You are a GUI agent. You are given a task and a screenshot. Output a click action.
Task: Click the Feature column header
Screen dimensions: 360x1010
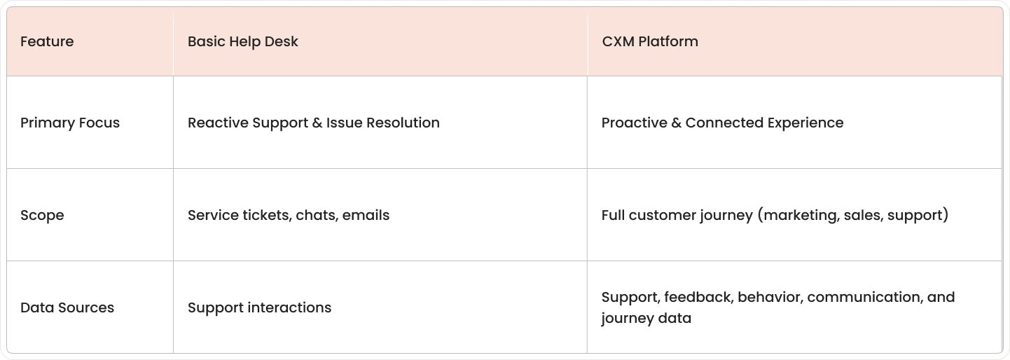point(47,41)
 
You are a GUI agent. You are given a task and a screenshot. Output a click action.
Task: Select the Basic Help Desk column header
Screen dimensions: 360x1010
point(242,41)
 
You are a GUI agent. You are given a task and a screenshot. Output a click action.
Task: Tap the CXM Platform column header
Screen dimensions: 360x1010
point(649,41)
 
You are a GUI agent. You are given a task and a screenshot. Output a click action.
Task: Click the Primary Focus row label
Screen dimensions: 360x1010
point(70,123)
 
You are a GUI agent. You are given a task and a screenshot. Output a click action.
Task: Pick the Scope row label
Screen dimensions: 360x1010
point(42,215)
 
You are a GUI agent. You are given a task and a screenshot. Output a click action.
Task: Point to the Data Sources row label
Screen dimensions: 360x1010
point(67,307)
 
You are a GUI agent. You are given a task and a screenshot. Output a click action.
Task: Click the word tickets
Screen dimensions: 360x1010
point(265,215)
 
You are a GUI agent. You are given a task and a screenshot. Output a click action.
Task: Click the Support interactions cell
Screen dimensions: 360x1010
point(259,307)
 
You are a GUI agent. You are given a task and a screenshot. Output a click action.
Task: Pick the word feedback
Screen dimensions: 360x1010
point(698,297)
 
